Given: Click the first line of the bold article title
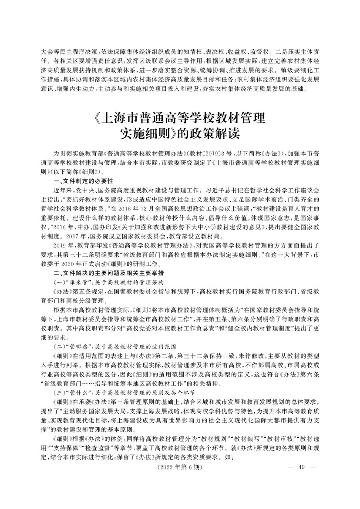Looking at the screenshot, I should pos(179,119).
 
